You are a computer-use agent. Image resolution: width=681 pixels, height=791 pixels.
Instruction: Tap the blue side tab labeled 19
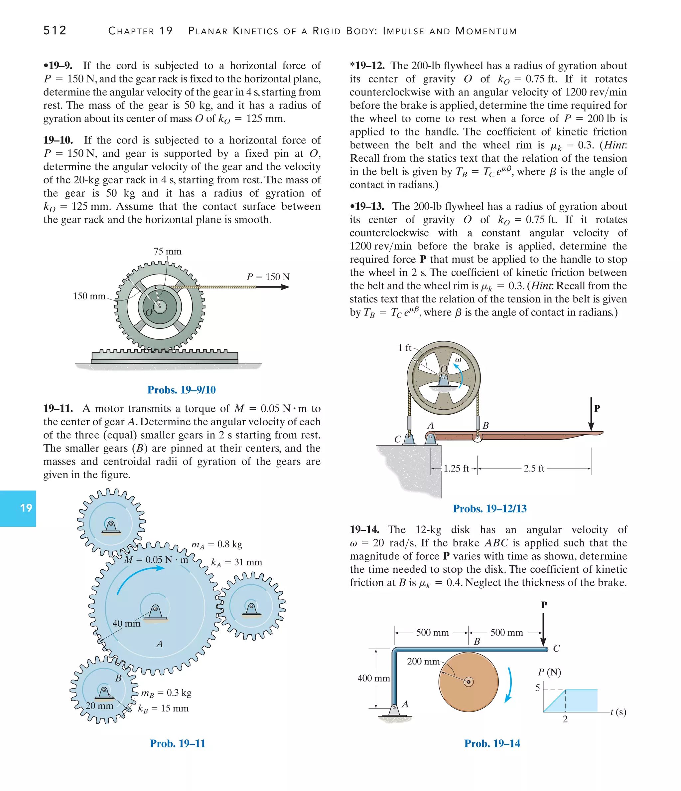click(x=18, y=508)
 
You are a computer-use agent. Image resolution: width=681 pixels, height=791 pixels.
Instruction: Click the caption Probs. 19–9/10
click(x=181, y=390)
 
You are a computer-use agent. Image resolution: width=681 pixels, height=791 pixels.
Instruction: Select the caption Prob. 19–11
click(x=178, y=743)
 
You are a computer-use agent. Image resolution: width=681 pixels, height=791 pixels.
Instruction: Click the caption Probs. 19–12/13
click(x=489, y=508)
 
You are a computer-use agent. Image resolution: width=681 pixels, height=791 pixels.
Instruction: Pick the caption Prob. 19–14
click(x=492, y=743)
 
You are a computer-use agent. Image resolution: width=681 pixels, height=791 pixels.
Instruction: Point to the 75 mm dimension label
click(x=168, y=251)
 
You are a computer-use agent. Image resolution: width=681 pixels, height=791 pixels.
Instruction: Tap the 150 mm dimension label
click(x=89, y=296)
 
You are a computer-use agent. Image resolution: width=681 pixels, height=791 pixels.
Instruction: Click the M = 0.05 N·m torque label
click(x=156, y=560)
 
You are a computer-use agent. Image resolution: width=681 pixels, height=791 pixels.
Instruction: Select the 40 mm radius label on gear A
click(x=126, y=623)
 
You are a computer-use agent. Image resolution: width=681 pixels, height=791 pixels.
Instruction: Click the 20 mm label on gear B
click(x=99, y=706)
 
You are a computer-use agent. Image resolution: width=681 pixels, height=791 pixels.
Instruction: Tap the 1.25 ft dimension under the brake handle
click(x=456, y=469)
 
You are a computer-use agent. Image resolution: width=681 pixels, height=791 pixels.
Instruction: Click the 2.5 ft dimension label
click(x=533, y=469)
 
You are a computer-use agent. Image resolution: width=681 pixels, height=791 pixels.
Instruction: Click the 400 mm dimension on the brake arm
click(x=373, y=679)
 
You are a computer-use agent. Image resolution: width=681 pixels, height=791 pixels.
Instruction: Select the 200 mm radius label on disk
click(x=423, y=661)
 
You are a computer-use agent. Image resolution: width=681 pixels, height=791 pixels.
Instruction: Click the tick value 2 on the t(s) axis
click(x=565, y=719)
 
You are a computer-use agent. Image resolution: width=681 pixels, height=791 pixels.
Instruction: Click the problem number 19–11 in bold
click(x=58, y=409)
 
